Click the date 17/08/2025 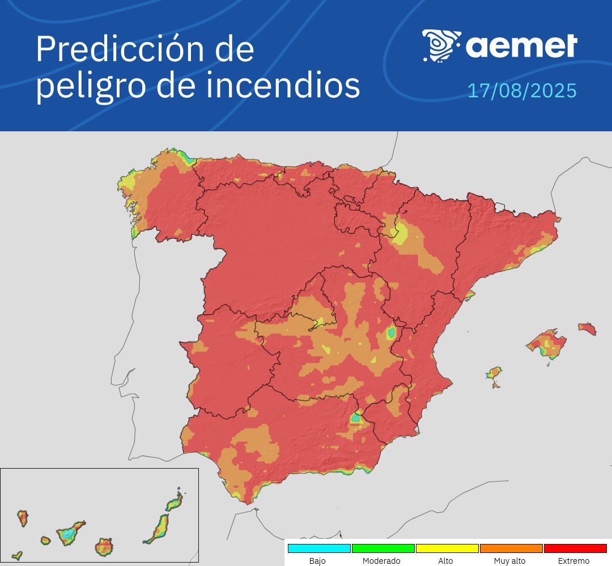[521, 91]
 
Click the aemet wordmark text [521, 45]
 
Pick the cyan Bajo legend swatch [319, 548]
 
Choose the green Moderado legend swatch [383, 548]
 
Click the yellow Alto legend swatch [447, 548]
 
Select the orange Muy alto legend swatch [511, 548]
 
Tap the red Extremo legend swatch [575, 548]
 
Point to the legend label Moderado [381, 561]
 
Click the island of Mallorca [546, 343]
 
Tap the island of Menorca [587, 329]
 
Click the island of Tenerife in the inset [70, 533]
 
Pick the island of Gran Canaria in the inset [104, 547]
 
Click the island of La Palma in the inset [23, 517]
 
